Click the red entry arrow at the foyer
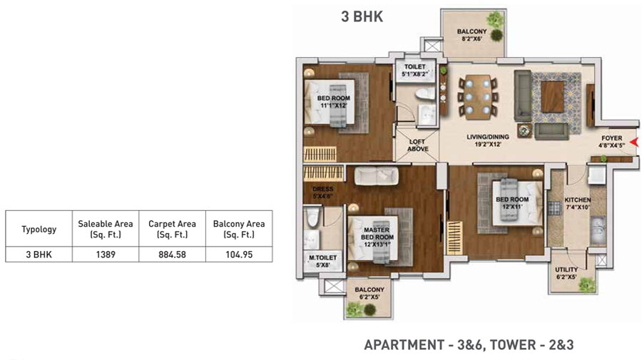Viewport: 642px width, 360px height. [x=634, y=142]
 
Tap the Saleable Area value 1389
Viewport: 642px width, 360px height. [x=106, y=254]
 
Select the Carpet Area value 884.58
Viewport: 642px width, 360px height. [x=173, y=254]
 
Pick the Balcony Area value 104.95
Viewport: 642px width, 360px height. [x=239, y=254]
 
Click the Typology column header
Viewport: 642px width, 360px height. [x=39, y=229]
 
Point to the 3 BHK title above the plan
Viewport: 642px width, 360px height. [x=362, y=17]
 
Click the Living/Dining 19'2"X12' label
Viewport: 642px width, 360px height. [x=488, y=140]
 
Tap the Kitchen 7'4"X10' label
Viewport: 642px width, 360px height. [x=577, y=203]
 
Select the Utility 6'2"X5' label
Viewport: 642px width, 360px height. [x=566, y=273]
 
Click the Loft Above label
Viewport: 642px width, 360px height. [x=417, y=145]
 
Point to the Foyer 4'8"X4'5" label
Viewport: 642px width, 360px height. [x=612, y=142]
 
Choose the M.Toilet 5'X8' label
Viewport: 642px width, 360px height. [x=322, y=261]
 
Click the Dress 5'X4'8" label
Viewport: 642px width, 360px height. [x=322, y=192]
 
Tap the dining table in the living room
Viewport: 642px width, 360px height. [x=477, y=97]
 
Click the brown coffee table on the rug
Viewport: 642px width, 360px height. [x=553, y=96]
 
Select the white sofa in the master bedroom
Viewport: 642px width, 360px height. [x=376, y=176]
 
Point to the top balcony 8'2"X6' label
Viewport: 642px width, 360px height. [x=472, y=35]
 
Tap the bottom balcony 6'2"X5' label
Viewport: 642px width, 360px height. [x=370, y=293]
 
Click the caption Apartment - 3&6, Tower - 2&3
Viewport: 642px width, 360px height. [x=469, y=345]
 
